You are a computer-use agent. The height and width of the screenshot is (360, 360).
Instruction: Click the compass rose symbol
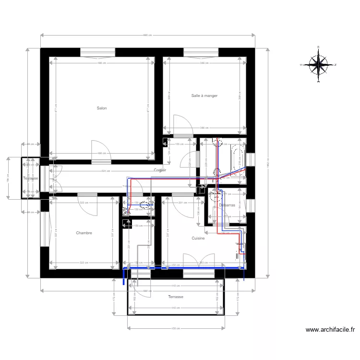(318, 64)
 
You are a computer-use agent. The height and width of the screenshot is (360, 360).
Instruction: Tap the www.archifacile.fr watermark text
(330, 330)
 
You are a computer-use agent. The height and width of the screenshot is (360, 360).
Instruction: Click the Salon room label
(102, 108)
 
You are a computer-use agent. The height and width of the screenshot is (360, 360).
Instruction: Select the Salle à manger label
(204, 96)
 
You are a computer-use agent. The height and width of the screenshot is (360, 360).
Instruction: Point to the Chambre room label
(84, 233)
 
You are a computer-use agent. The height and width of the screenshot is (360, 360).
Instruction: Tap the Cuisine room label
(198, 238)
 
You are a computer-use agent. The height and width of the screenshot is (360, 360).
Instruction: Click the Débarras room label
(227, 205)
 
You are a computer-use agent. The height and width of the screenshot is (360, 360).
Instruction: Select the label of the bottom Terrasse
(176, 297)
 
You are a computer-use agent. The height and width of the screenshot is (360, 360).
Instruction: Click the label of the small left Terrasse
(30, 179)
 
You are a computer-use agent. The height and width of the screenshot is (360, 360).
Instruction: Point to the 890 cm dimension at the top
(147, 35)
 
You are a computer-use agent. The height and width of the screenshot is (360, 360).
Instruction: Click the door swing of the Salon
(100, 149)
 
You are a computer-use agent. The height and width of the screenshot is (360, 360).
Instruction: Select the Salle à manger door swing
(183, 124)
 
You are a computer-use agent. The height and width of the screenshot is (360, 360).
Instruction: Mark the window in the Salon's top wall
(97, 52)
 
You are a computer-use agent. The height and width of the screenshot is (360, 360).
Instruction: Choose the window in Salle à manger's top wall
(201, 52)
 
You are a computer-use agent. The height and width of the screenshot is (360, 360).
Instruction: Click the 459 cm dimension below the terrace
(176, 328)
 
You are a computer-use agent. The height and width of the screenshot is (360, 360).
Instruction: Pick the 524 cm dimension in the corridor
(106, 170)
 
